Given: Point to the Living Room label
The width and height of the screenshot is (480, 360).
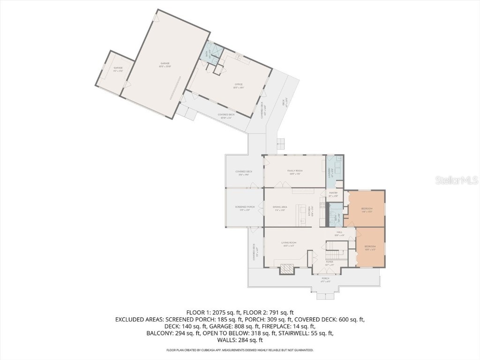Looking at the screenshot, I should tap(288, 243).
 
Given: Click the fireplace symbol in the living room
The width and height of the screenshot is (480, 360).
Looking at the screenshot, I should tap(286, 269).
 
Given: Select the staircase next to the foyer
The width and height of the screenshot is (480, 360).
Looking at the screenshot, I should tap(337, 246).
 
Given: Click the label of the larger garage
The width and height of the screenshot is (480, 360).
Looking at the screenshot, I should tap(165, 64).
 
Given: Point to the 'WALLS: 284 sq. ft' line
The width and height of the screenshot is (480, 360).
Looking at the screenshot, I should tap(240, 340).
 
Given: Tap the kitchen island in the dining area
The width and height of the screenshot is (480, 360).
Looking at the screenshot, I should tap(303, 215).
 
